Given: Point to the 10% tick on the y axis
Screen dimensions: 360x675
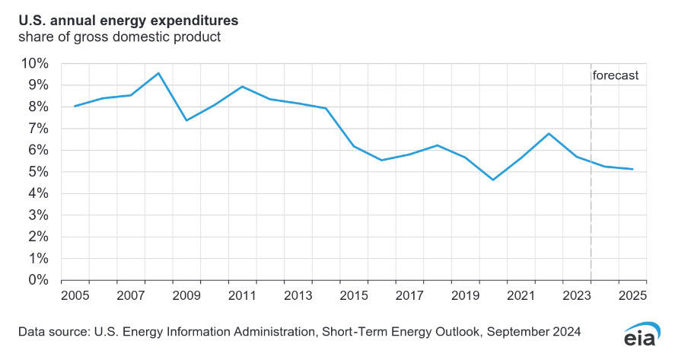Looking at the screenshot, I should click(35, 63).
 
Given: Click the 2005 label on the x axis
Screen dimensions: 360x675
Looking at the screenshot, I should click(75, 295).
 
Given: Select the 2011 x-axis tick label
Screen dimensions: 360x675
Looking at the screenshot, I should click(242, 295).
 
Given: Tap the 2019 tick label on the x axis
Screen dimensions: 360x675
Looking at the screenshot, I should click(465, 295).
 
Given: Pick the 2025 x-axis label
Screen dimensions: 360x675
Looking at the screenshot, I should click(632, 295).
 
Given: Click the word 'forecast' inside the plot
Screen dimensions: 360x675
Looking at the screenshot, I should click(615, 75).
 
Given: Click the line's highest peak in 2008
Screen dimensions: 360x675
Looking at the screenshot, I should click(158, 73).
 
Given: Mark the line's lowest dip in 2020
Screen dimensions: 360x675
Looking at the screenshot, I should click(493, 180).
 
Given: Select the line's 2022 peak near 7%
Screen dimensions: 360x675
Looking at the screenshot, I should click(549, 133).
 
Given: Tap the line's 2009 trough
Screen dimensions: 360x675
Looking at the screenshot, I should click(186, 120).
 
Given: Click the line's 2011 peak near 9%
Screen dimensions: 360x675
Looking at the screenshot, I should click(242, 86).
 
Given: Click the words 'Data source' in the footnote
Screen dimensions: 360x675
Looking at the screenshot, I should click(50, 332).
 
